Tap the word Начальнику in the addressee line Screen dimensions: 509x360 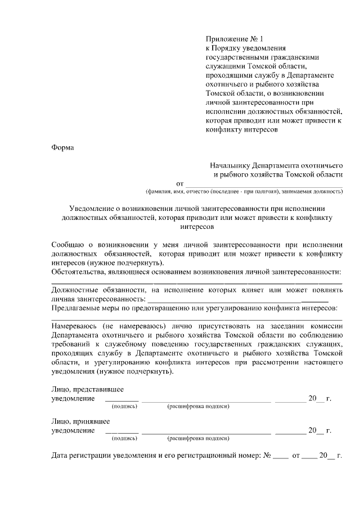coord(229,166)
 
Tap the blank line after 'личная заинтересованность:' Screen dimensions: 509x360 coord(225,299)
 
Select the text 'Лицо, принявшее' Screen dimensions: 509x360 coord(80,421)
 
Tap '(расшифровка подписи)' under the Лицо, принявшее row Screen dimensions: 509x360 coord(199,438)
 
